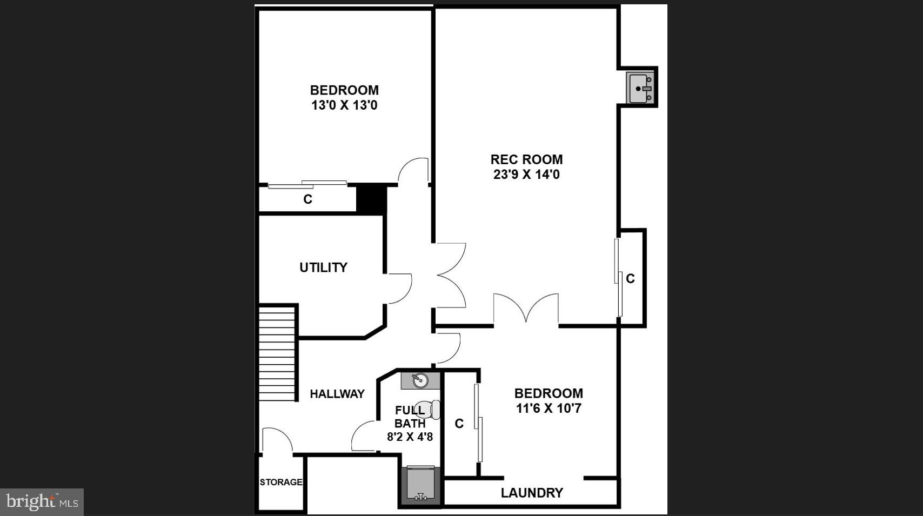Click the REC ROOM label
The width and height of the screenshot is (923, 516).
click(x=526, y=159)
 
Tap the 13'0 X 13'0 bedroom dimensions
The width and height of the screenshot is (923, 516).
click(x=344, y=105)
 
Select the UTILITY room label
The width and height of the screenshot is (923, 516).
click(x=323, y=267)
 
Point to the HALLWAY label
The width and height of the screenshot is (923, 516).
click(x=337, y=394)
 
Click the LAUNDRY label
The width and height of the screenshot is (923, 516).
click(x=532, y=493)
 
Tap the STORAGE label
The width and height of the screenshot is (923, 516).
click(x=280, y=482)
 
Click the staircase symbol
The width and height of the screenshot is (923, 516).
click(x=277, y=353)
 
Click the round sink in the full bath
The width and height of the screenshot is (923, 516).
click(x=420, y=380)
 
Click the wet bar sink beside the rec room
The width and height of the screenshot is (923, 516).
click(x=641, y=88)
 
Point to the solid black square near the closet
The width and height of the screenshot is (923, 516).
click(x=371, y=199)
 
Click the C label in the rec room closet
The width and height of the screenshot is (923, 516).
click(x=630, y=279)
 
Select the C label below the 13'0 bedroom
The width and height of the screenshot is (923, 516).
click(x=307, y=199)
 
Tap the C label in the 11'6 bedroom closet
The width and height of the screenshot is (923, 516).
click(x=459, y=424)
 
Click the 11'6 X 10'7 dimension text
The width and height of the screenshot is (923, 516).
click(x=549, y=408)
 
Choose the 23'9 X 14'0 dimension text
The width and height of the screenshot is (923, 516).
click(x=526, y=175)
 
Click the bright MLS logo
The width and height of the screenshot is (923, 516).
click(x=42, y=502)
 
